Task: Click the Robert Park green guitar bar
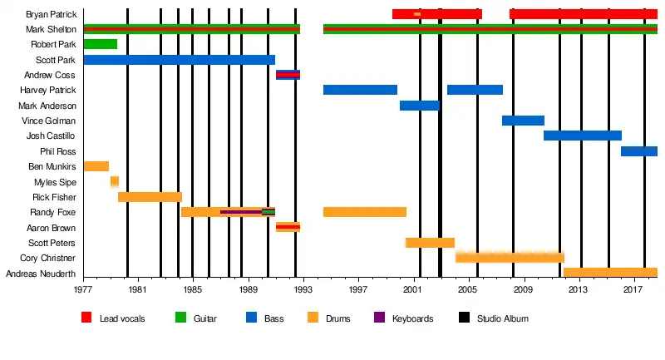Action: pyautogui.click(x=101, y=44)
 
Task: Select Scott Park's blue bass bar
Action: pyautogui.click(x=179, y=60)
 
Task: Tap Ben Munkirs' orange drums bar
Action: pyautogui.click(x=96, y=166)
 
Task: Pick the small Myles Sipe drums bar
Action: pyautogui.click(x=115, y=181)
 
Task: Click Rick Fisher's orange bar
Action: pyautogui.click(x=150, y=197)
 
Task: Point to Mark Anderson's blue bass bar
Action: pyautogui.click(x=419, y=106)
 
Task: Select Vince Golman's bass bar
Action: pyautogui.click(x=523, y=121)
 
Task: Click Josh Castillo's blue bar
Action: pyautogui.click(x=582, y=136)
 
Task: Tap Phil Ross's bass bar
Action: pyautogui.click(x=638, y=151)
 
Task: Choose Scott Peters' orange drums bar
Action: pyautogui.click(x=430, y=243)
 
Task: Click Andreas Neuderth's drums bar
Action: pyautogui.click(x=610, y=273)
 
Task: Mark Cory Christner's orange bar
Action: pyautogui.click(x=510, y=258)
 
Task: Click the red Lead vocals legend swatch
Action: pyautogui.click(x=86, y=318)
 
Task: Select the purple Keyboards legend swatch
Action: pyautogui.click(x=379, y=318)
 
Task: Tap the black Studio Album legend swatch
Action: pyautogui.click(x=464, y=318)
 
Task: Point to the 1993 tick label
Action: pyautogui.click(x=303, y=289)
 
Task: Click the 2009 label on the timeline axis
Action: pyautogui.click(x=523, y=289)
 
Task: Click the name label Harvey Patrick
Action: pyautogui.click(x=47, y=90)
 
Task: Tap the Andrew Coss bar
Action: pyautogui.click(x=288, y=75)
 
